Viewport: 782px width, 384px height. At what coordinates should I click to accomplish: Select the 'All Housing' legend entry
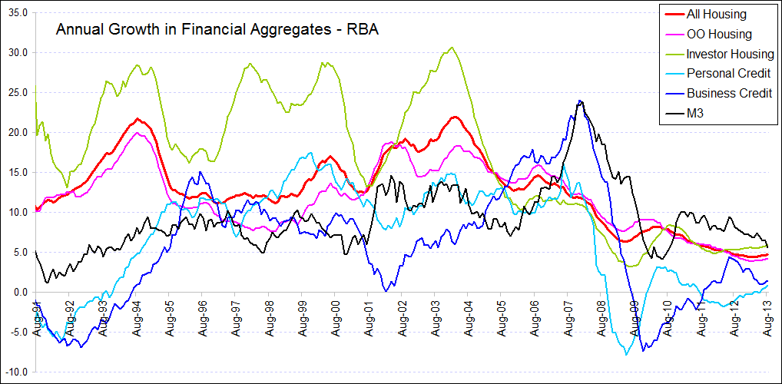click(x=716, y=14)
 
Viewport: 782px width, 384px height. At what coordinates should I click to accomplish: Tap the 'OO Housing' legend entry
click(x=719, y=34)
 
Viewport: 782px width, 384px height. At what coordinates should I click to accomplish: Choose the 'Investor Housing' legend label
click(x=730, y=54)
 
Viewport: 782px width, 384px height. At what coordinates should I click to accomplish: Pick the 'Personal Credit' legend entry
click(x=728, y=74)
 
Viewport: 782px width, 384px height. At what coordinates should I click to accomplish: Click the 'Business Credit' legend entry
click(x=728, y=94)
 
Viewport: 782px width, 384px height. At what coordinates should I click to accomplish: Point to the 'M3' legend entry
click(x=696, y=114)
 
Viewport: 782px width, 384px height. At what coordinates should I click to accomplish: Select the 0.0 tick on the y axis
click(x=21, y=293)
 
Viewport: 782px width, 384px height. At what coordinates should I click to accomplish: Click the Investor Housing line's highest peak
click(x=452, y=48)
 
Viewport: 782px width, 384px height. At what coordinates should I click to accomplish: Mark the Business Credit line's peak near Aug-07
click(x=579, y=101)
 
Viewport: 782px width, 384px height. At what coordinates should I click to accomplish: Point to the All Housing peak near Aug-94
click(x=137, y=118)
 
